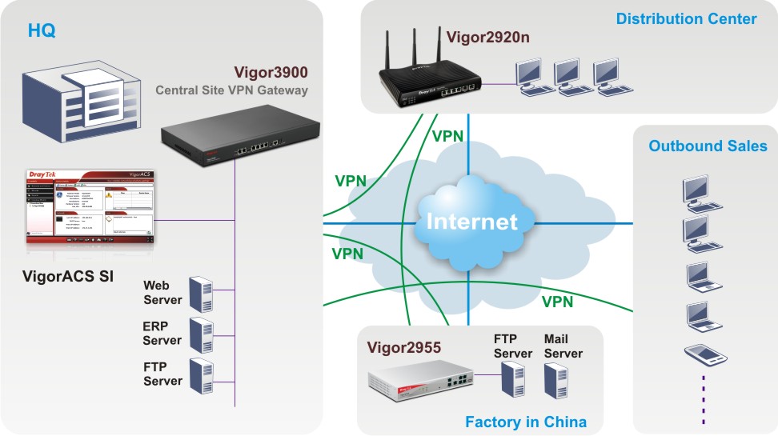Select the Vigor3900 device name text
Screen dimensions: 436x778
coord(271,71)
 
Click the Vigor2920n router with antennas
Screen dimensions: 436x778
coord(431,80)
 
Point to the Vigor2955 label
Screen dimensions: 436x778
coord(405,348)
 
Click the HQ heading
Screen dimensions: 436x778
coord(42,31)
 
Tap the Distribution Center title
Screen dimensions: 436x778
coord(686,18)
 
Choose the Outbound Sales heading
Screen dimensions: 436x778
coord(708,146)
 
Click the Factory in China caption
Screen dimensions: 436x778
coord(526,422)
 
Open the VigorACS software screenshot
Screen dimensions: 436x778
coord(90,206)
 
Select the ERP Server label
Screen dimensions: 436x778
coord(162,334)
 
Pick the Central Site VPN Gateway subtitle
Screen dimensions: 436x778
coord(231,90)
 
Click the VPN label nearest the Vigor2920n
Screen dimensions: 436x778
coord(447,135)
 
